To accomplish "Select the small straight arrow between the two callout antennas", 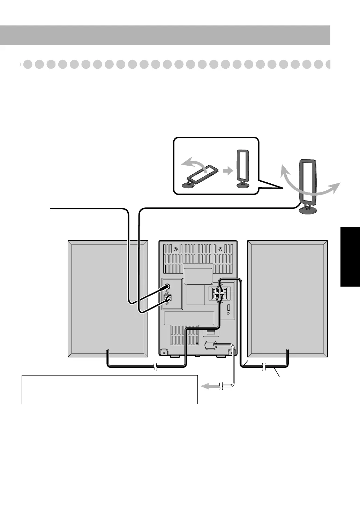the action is click(227, 171).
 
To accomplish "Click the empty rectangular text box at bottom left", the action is click(110, 389).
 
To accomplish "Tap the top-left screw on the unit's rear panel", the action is click(175, 249).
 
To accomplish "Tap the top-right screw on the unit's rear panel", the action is click(220, 249).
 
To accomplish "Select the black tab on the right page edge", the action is click(350, 256).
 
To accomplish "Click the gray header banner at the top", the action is click(165, 35).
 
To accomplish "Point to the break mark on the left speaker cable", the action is click(155, 367).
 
